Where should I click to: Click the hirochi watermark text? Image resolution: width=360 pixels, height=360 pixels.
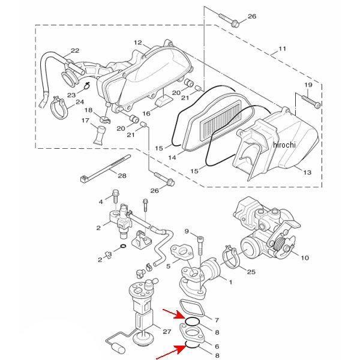point(284,145)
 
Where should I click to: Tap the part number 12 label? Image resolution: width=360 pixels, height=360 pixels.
point(138,43)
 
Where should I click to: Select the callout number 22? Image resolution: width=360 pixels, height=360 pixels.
point(75,50)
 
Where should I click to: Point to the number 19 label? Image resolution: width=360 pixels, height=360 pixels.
point(308,85)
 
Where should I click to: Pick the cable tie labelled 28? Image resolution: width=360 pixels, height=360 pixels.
point(106,168)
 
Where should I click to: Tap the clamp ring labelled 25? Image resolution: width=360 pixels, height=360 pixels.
point(232,257)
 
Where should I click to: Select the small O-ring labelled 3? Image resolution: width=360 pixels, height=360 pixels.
point(123,247)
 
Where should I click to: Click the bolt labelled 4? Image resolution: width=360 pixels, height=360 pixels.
point(115,197)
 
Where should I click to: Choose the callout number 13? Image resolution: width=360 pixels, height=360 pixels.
point(307,172)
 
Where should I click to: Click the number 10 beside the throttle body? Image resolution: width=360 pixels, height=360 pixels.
point(305,258)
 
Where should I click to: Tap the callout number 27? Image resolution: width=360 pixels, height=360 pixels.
point(167,332)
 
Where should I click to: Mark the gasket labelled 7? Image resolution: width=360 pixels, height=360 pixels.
point(192,309)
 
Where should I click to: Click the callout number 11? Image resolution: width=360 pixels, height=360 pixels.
point(282,49)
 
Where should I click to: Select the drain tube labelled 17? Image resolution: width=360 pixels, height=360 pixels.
point(100,136)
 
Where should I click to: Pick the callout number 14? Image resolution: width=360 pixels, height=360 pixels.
point(172,157)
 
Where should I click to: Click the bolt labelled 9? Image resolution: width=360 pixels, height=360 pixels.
point(200,245)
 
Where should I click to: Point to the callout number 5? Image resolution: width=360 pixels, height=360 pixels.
point(168,266)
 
